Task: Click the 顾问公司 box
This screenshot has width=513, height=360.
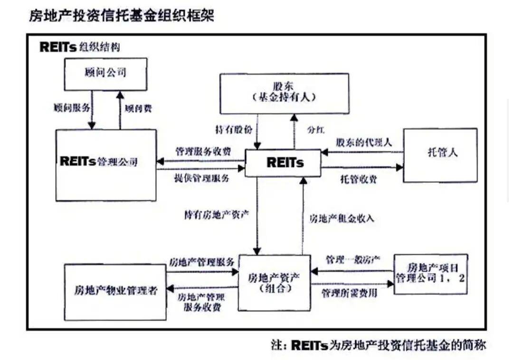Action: [105, 74]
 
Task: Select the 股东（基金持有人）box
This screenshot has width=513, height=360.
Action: [284, 92]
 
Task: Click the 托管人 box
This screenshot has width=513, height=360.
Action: [440, 155]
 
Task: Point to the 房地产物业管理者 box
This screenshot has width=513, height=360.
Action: [115, 292]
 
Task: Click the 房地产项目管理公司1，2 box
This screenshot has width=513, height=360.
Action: [430, 274]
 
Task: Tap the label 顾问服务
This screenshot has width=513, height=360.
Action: [72, 107]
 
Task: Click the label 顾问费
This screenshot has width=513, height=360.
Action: [138, 108]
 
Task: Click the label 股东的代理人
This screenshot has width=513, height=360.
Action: [363, 142]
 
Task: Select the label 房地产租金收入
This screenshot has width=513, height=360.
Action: [342, 219]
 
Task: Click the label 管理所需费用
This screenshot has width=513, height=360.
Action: [349, 293]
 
